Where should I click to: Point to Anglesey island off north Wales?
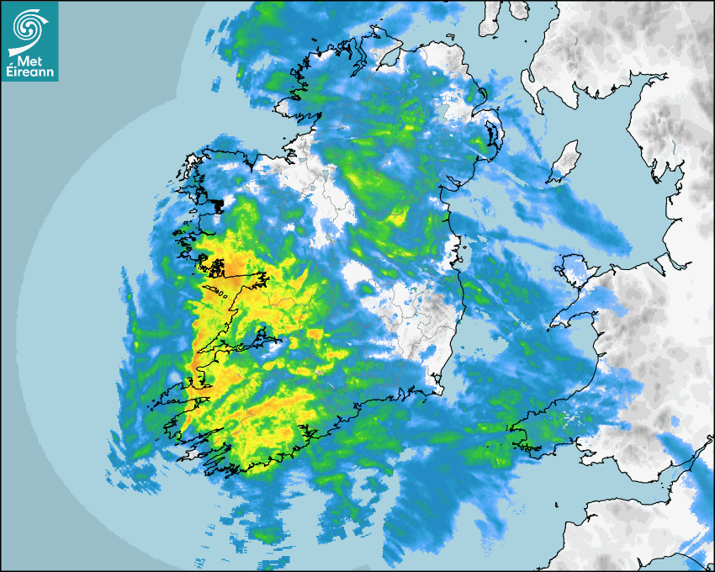(571, 270)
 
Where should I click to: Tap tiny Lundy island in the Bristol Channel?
(557, 503)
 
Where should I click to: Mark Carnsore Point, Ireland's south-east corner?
(438, 389)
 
